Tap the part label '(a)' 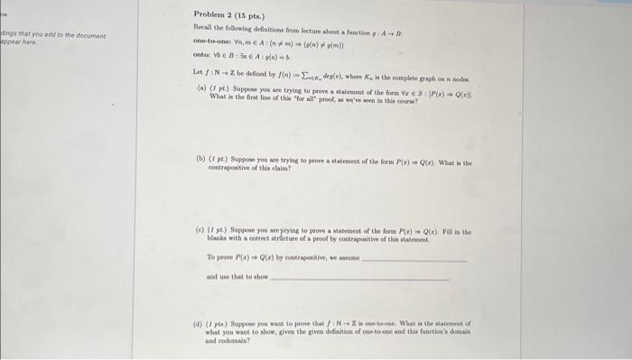click(200, 87)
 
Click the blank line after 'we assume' click(414, 259)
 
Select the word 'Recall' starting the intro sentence click(203, 30)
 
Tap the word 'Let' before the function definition click(198, 70)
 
